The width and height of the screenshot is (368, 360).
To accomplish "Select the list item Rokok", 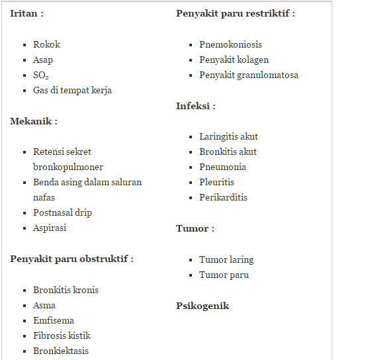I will coord(46,44).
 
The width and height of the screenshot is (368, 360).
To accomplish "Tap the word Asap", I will coord(43,60).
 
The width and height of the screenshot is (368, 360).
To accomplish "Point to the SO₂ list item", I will coord(41,75).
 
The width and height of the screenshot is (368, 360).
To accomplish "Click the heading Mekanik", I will coord(33,121).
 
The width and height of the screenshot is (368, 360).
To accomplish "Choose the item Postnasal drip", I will coord(62,212).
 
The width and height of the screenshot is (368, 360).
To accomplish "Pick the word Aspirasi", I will coord(50,228).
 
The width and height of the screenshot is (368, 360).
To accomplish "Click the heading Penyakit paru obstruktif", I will coord(71,258).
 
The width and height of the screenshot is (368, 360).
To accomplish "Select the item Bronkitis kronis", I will coord(66,290).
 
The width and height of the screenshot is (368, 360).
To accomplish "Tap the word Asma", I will coord(44,305).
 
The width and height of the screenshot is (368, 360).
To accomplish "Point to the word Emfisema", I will coord(54,320).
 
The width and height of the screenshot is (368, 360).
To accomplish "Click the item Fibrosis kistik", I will coord(62,336).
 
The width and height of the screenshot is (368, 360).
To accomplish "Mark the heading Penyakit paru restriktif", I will coord(235,13).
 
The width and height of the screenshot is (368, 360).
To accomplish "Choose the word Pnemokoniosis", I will coord(230,44).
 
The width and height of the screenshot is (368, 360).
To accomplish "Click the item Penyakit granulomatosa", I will coord(248,75).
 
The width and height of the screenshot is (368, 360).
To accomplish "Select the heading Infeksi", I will coord(195,106).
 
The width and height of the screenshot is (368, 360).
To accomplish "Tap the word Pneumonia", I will coord(222,167).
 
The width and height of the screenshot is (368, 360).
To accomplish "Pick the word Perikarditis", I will coord(223,197).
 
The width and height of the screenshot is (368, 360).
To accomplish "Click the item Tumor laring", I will coord(226,259).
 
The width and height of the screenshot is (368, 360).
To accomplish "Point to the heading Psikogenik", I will coord(203,306).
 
